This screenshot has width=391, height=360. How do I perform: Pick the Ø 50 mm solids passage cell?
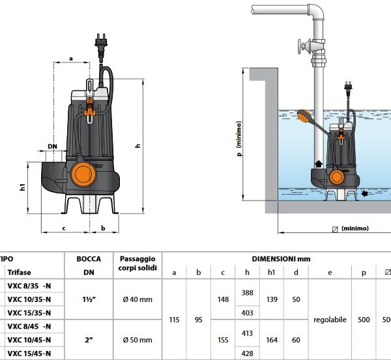pos(137,339)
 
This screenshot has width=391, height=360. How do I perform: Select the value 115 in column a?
pos(173,320)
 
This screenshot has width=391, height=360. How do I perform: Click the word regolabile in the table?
pos(330,320)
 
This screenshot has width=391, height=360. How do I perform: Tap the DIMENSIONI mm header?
pos(281,258)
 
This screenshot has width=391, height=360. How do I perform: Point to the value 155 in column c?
pos(223,339)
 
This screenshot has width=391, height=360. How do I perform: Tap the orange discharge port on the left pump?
pos(83,173)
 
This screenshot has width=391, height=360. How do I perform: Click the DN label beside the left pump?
pos(51,146)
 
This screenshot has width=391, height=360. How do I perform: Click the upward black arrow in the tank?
pos(319,164)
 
